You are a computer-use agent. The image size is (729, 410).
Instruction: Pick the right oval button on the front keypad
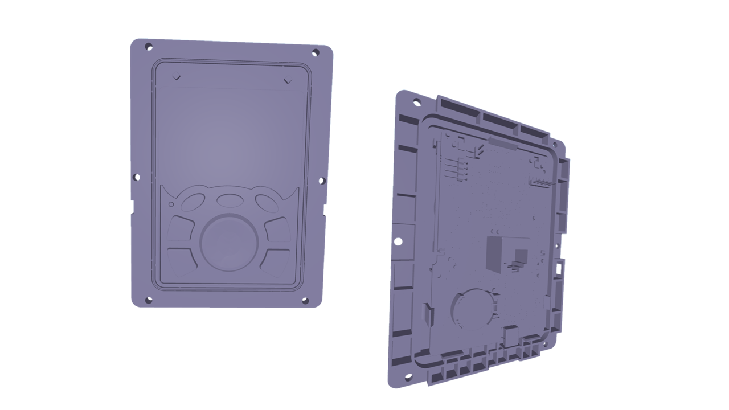pos(266,203)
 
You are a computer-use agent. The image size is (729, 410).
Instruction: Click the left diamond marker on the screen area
pos(177,77)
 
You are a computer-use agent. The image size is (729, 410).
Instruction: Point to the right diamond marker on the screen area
pos(288,80)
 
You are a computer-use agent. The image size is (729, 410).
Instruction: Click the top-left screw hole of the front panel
pos(149,47)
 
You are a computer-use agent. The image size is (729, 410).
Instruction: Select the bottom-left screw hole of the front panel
pos(149,300)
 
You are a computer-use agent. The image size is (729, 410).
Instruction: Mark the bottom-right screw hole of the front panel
pos(305,300)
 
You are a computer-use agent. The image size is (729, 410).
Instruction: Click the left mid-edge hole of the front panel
pos(137,178)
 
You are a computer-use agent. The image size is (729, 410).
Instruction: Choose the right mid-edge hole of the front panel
pos(321,181)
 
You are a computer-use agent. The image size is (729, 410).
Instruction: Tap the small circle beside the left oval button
pos(171,204)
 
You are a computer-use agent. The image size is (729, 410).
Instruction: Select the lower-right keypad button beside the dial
pos(277,260)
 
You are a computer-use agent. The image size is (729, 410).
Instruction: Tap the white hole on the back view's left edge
pos(399,241)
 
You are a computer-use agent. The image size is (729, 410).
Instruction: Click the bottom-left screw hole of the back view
pos(408,376)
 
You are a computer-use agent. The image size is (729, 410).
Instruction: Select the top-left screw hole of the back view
pos(416,102)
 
